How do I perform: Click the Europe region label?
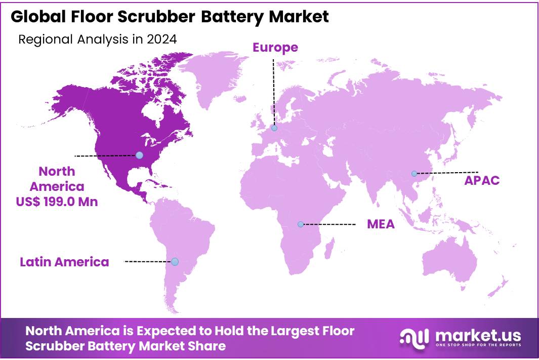(275, 48)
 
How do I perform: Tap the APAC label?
(482, 180)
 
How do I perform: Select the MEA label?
(381, 224)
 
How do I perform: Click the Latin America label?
(64, 262)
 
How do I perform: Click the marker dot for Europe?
(274, 128)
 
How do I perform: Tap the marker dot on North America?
(139, 155)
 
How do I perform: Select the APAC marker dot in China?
(414, 173)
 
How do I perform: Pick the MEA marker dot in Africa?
(301, 224)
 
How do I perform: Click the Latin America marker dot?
(175, 261)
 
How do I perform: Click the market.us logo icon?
(414, 337)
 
